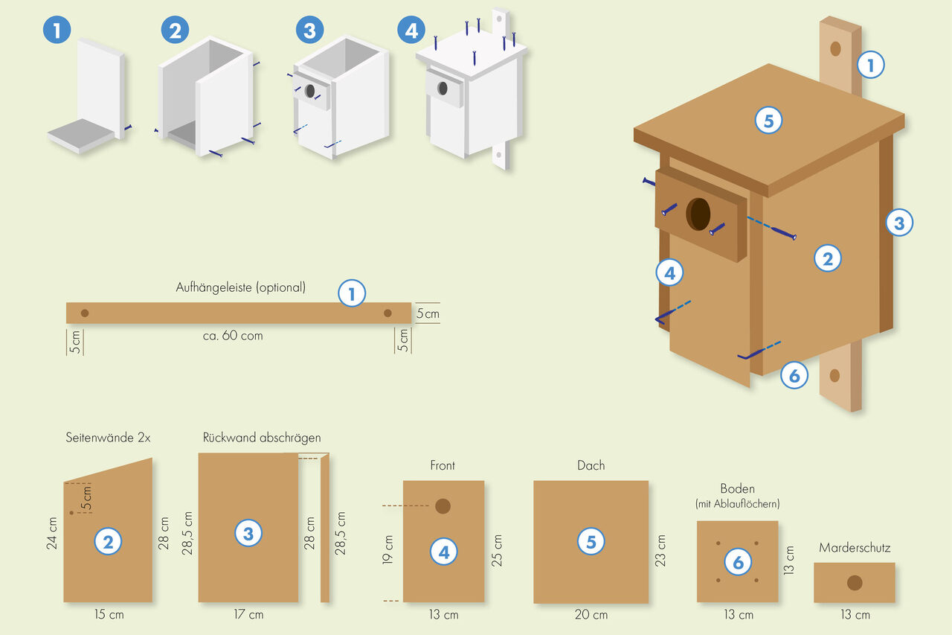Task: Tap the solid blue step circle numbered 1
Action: [57, 31]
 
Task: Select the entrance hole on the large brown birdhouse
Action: [698, 214]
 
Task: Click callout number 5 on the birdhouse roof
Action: [768, 120]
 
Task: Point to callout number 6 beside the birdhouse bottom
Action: [794, 376]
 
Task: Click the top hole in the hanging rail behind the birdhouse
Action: [835, 49]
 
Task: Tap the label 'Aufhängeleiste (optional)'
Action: [240, 287]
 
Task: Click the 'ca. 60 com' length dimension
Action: [233, 336]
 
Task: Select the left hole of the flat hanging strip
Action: [85, 313]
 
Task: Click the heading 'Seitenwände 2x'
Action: [108, 438]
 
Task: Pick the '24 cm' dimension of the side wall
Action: [52, 533]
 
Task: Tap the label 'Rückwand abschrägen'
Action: [262, 438]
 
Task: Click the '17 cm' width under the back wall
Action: [249, 615]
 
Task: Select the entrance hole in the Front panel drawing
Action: [443, 506]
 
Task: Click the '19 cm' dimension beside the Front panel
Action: [388, 549]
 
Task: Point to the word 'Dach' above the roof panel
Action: [591, 466]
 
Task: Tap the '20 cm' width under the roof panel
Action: [591, 615]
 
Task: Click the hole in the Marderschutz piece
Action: [854, 583]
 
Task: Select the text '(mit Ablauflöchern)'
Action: [737, 504]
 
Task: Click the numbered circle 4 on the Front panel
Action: [444, 552]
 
